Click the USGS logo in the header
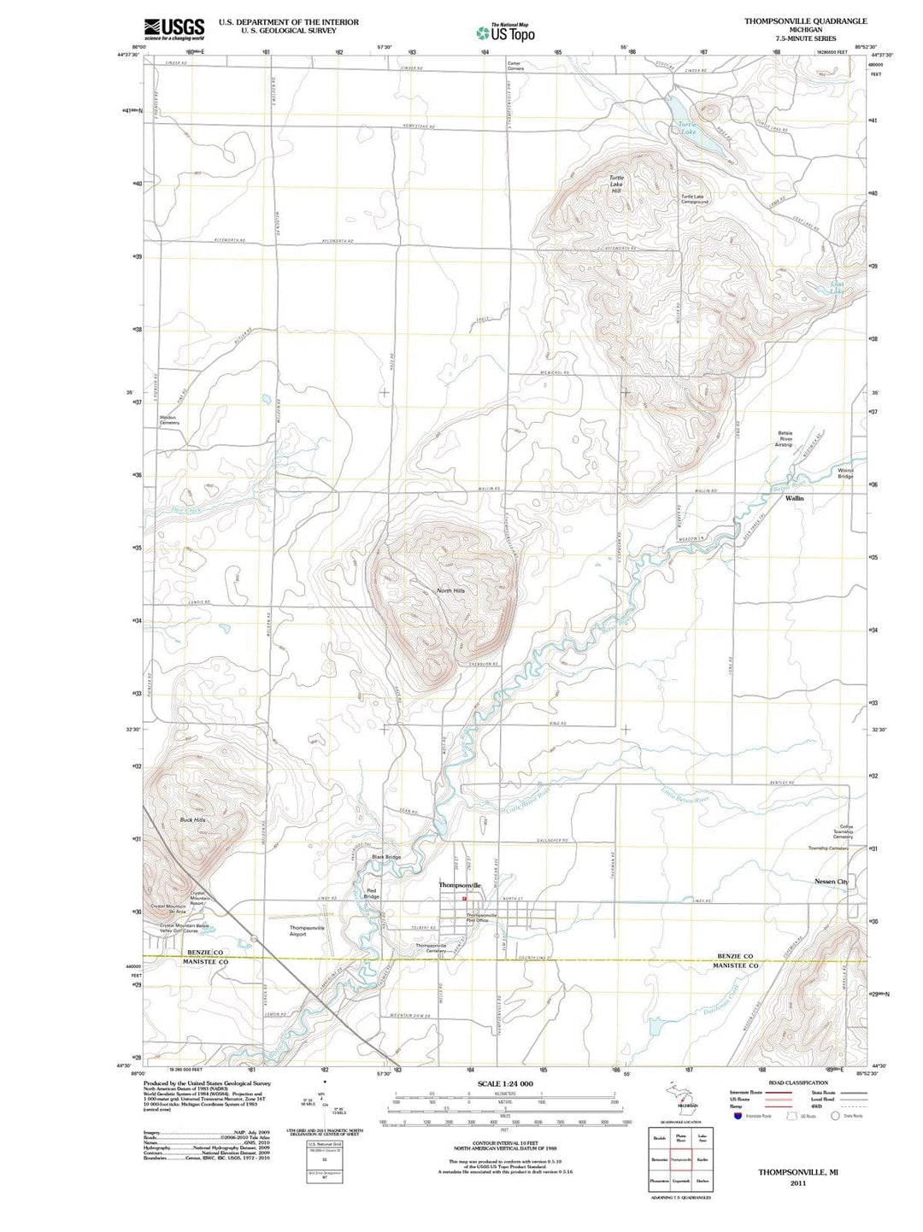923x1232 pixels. point(174,29)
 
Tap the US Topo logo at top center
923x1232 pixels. point(506,32)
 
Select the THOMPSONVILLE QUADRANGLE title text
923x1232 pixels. point(805,21)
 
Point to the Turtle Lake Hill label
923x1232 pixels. point(616,184)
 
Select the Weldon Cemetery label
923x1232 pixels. point(169,420)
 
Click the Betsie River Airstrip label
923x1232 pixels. point(785,439)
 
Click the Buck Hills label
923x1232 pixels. point(192,819)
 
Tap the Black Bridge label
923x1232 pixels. point(386,856)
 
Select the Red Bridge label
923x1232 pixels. point(372,894)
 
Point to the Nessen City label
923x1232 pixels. point(832,881)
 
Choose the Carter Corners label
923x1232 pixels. point(515,65)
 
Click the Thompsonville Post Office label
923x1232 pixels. point(481,917)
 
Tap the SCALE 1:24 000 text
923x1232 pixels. point(505,1083)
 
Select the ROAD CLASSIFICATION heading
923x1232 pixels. point(797,1082)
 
